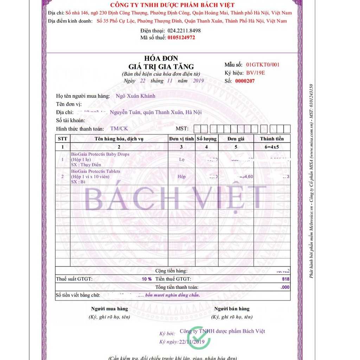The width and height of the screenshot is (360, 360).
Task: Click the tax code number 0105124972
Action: [181, 37]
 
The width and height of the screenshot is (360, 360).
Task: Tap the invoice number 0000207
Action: [245, 81]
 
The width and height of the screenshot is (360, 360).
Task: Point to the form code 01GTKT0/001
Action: [263, 65]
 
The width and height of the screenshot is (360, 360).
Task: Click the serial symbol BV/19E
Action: [256, 73]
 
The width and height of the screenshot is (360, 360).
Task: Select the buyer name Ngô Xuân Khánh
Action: [135, 96]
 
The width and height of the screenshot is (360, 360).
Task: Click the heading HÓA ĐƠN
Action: [161, 58]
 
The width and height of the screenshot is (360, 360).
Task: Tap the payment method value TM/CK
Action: [119, 129]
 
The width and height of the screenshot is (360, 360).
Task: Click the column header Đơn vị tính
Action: [181, 139]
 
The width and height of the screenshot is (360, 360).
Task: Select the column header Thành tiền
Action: [272, 139]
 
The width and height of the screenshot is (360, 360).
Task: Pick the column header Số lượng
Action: [207, 139]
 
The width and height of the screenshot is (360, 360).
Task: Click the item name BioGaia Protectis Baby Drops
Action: [100, 154]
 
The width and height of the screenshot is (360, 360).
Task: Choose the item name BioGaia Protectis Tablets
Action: [96, 172]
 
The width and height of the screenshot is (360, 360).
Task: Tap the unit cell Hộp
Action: [181, 176]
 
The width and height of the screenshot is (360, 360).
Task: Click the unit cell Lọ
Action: [182, 159]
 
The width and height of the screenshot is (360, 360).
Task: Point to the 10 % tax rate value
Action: [147, 279]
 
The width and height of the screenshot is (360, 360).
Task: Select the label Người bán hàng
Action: [232, 309]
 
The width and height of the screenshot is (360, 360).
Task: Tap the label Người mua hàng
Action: [109, 309]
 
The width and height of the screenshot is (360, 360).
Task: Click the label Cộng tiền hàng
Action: [171, 271]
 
